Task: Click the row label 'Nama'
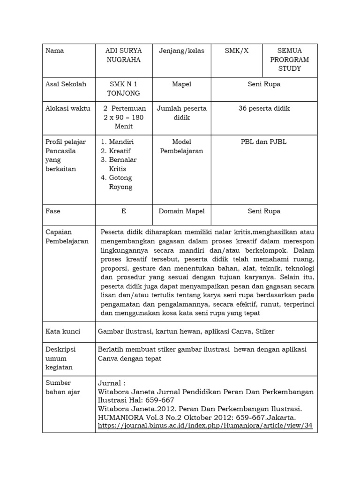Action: (54, 51)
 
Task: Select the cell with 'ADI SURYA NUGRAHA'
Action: (124, 55)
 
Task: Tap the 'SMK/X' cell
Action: (237, 51)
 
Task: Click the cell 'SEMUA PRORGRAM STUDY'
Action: (290, 60)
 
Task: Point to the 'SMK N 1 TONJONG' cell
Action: (124, 89)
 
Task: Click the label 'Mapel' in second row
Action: (181, 84)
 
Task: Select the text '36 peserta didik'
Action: (264, 108)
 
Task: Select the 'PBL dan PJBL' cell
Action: (264, 142)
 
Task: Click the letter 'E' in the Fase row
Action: (124, 211)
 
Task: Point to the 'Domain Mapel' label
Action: (181, 211)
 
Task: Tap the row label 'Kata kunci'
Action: (63, 331)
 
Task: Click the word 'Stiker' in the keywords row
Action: (265, 331)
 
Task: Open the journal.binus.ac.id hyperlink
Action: (205, 426)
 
